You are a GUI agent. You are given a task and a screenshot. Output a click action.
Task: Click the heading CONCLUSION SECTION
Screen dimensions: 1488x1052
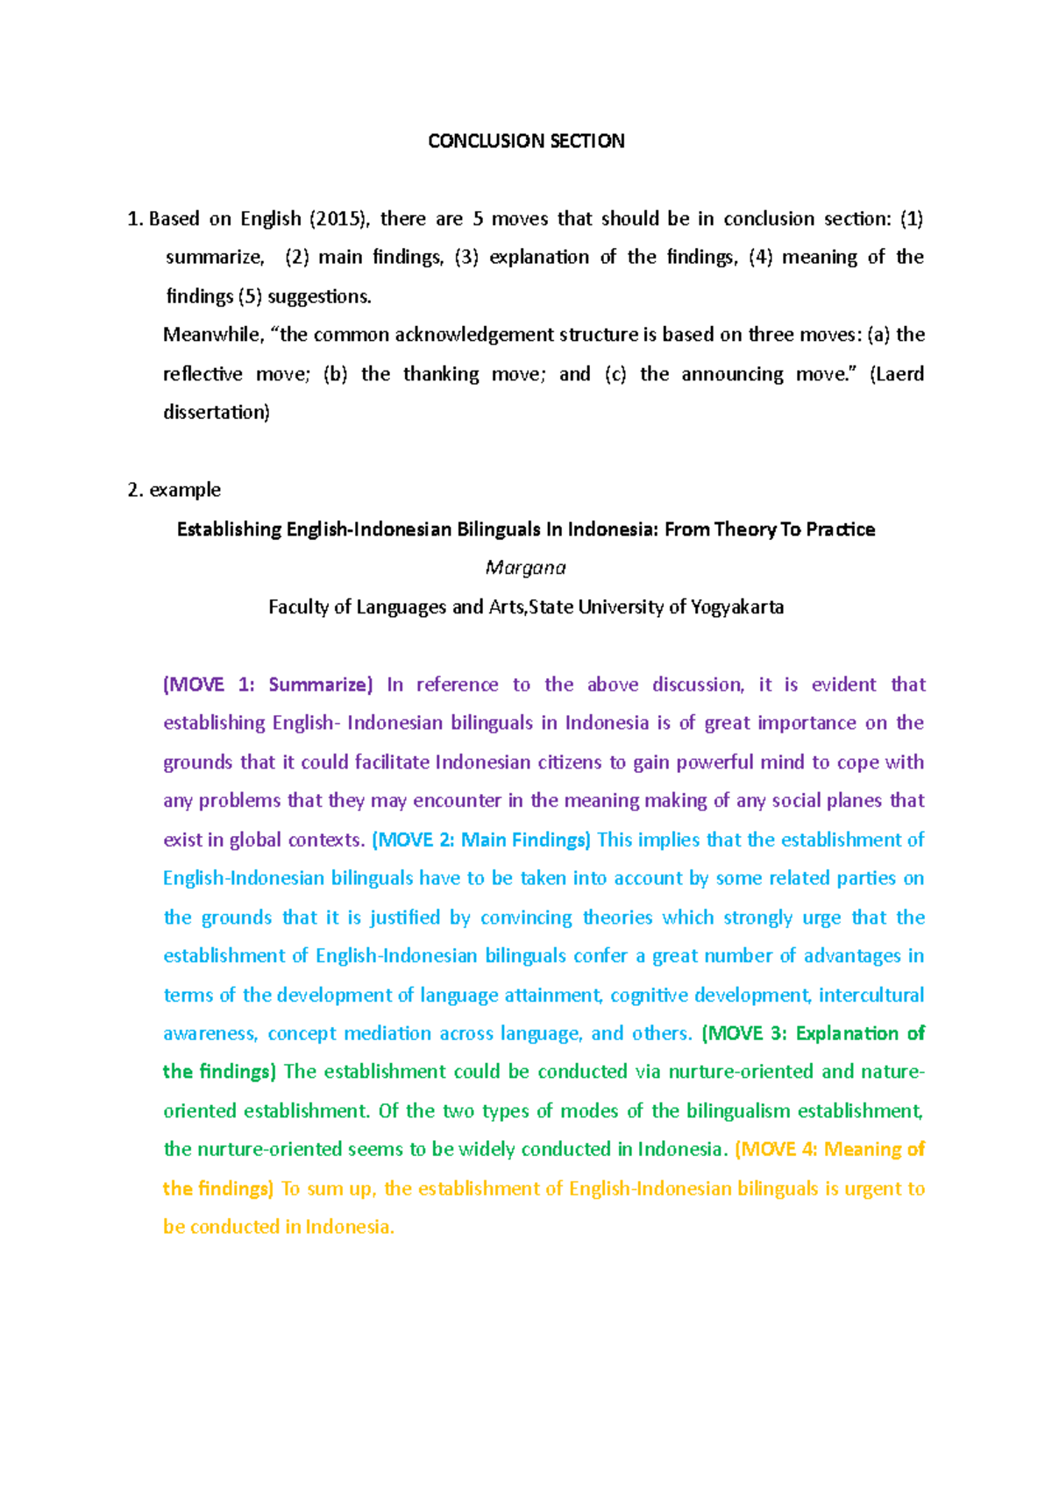[x=526, y=141]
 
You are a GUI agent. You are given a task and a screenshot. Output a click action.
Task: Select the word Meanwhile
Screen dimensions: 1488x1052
[x=212, y=335]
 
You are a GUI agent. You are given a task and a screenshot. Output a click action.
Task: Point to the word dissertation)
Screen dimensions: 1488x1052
[x=217, y=412]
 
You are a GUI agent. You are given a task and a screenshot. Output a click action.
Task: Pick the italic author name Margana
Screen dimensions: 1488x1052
[x=526, y=568]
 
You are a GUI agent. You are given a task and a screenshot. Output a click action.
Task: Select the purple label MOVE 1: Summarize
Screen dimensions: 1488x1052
[x=268, y=684]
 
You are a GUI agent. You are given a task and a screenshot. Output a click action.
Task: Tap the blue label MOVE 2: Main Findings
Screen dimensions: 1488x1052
[x=481, y=840]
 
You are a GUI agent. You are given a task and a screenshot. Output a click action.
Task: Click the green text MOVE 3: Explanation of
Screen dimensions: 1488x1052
[x=814, y=1033]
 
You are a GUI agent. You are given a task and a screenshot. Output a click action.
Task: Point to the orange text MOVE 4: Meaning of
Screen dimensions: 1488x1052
[x=829, y=1149]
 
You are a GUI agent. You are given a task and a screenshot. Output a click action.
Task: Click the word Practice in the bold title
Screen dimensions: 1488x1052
[x=840, y=529]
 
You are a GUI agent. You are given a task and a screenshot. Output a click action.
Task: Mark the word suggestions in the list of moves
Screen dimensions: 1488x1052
[x=319, y=296]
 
